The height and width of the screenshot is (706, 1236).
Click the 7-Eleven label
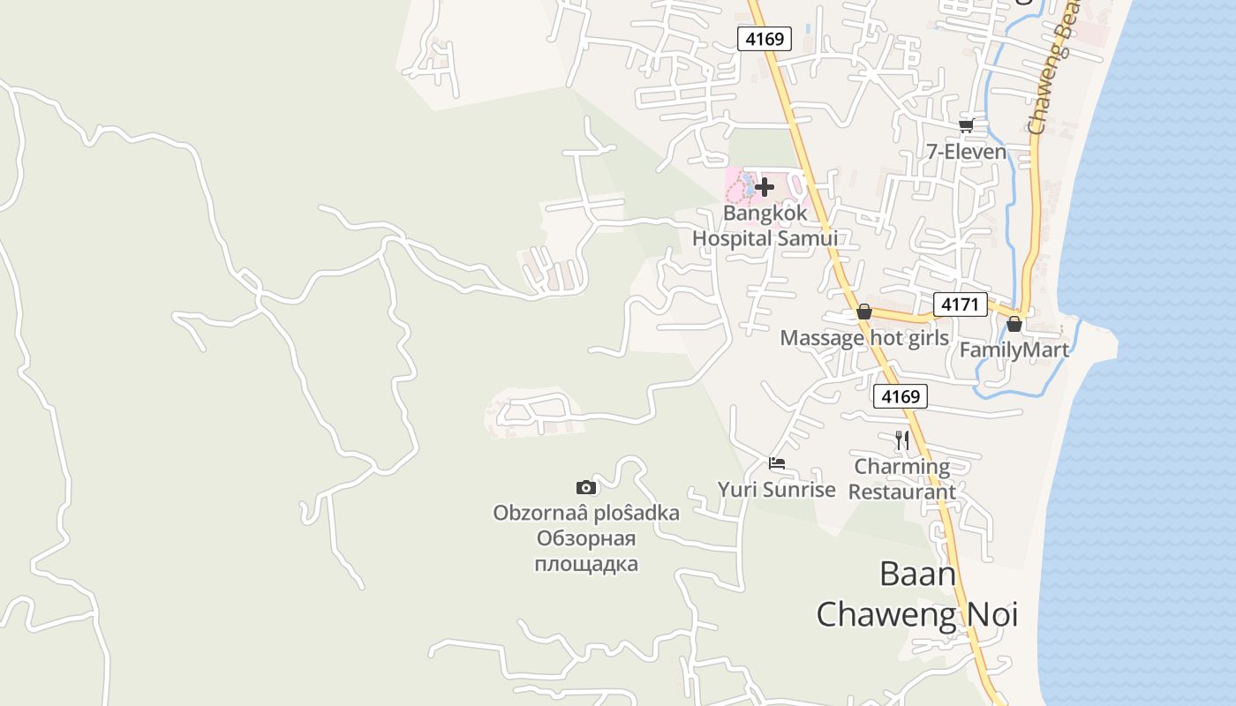click(966, 152)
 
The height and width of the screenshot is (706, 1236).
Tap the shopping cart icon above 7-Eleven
click(967, 125)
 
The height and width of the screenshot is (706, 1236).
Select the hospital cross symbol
click(765, 186)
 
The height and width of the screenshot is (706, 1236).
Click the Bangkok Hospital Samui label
click(765, 226)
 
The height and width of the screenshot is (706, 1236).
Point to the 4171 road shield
click(960, 304)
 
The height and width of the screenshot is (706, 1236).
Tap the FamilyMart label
click(1014, 350)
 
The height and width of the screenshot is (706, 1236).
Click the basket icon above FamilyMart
click(1014, 324)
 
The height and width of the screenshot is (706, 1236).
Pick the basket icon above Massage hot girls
click(864, 312)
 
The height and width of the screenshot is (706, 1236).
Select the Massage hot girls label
click(864, 338)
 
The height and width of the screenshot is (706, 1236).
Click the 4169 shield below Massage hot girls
click(901, 396)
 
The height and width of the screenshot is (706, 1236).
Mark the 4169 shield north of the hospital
click(764, 39)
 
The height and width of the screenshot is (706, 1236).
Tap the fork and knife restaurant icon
click(901, 439)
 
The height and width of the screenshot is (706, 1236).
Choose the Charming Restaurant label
click(901, 479)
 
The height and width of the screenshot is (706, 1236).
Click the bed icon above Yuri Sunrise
click(777, 463)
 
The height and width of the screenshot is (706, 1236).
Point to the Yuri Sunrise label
click(776, 490)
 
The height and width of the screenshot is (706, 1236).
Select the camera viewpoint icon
click(585, 487)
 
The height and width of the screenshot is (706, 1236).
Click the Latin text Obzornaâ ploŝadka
click(586, 513)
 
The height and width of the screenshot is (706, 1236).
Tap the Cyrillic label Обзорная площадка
click(586, 552)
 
